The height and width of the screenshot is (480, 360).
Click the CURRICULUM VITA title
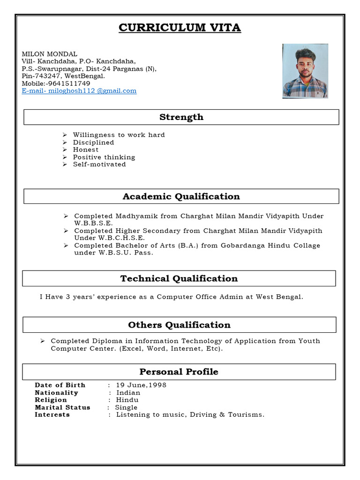[180, 28]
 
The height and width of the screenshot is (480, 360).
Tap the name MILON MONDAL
[50, 54]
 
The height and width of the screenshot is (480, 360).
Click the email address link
[79, 91]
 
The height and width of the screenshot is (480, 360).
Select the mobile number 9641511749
[68, 83]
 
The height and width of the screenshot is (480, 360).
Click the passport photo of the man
[305, 71]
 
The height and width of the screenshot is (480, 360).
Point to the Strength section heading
[181, 117]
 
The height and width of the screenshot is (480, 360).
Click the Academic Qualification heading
[181, 196]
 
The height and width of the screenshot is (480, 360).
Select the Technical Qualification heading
[179, 278]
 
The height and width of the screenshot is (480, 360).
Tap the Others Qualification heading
[179, 325]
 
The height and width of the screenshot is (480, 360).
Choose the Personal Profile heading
[179, 372]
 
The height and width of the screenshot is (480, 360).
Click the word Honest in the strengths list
[86, 150]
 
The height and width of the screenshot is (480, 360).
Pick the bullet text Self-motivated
[99, 165]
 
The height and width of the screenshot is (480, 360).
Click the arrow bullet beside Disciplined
[66, 142]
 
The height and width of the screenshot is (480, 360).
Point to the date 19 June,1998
[141, 385]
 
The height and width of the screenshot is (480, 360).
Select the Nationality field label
[56, 393]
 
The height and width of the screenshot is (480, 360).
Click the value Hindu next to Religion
[127, 400]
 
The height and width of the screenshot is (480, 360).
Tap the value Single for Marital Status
[126, 407]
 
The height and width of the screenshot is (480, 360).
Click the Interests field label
[52, 415]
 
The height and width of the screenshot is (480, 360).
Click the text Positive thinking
[104, 157]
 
